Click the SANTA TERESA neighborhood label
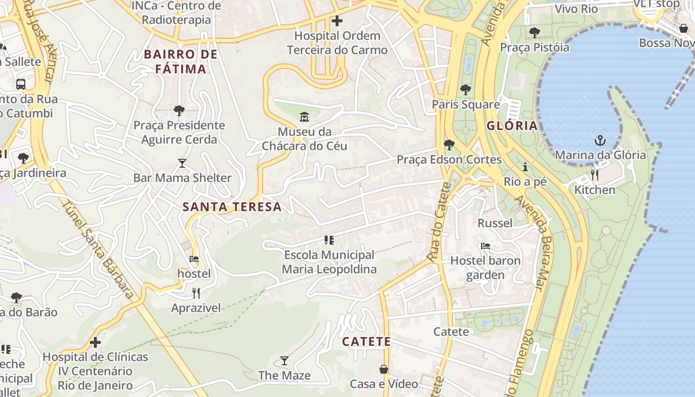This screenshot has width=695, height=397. coord(232,206)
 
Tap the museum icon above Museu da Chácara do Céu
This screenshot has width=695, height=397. coord(304,117)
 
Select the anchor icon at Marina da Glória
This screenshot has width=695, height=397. coord(600,140)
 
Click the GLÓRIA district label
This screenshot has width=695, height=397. coord(512,126)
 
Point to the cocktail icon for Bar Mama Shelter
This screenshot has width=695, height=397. coord(182,163)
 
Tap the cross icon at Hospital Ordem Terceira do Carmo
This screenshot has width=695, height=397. coord(337,21)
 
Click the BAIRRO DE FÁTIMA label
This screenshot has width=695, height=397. coord(181,62)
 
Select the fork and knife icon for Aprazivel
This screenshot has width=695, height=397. coord(196,293)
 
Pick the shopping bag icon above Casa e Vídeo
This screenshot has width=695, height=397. coord(384,369)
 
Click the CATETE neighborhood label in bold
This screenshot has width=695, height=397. coord(366,342)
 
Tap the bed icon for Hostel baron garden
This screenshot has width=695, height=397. coord(486,246)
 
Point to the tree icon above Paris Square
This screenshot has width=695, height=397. coord(465,90)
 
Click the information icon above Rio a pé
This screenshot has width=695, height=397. coord(525,167)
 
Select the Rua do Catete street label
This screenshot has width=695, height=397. coord(438,221)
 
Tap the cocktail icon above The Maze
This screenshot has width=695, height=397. coord(284,361)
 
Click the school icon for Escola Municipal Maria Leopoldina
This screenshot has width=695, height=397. coord(329,240)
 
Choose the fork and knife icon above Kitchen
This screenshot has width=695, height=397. coord(594,175)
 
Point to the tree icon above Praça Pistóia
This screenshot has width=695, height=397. coord(534,33)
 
